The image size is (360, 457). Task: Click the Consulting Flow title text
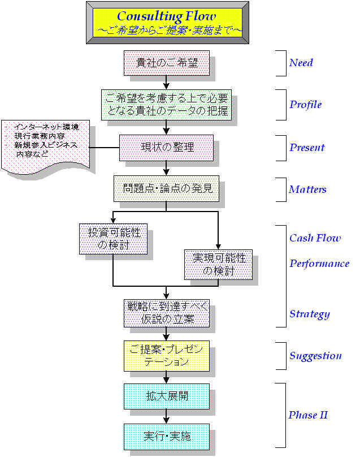click(x=166, y=17)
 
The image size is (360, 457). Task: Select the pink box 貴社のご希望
click(x=166, y=63)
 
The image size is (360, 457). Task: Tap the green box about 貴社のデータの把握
click(x=166, y=104)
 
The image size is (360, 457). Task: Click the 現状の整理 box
click(x=166, y=148)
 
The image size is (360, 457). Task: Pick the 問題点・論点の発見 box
click(x=166, y=189)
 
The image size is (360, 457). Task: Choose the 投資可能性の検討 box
click(x=113, y=239)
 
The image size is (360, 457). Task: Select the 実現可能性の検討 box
click(x=219, y=264)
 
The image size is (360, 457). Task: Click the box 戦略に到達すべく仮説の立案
click(x=166, y=313)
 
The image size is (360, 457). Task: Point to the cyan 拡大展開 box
click(x=166, y=396)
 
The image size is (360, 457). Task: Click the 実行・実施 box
click(x=166, y=437)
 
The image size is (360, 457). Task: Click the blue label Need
click(x=301, y=63)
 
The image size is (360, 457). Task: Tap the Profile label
click(x=305, y=104)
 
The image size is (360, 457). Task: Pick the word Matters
click(x=307, y=189)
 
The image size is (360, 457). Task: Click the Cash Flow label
click(x=315, y=238)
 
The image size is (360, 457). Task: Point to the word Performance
click(x=319, y=264)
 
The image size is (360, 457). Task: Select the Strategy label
click(x=309, y=314)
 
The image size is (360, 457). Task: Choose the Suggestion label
click(x=315, y=356)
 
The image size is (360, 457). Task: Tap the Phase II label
click(x=308, y=415)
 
